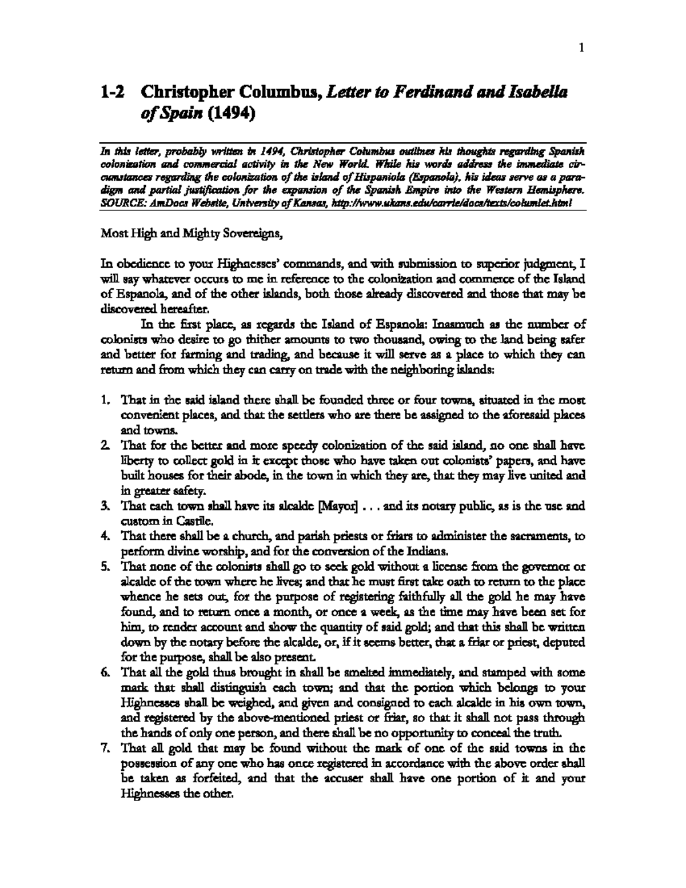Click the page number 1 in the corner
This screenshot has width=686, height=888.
click(x=581, y=49)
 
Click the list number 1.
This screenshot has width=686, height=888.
click(x=105, y=401)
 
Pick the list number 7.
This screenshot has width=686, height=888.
click(x=105, y=748)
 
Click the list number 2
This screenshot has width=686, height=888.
click(x=105, y=445)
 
